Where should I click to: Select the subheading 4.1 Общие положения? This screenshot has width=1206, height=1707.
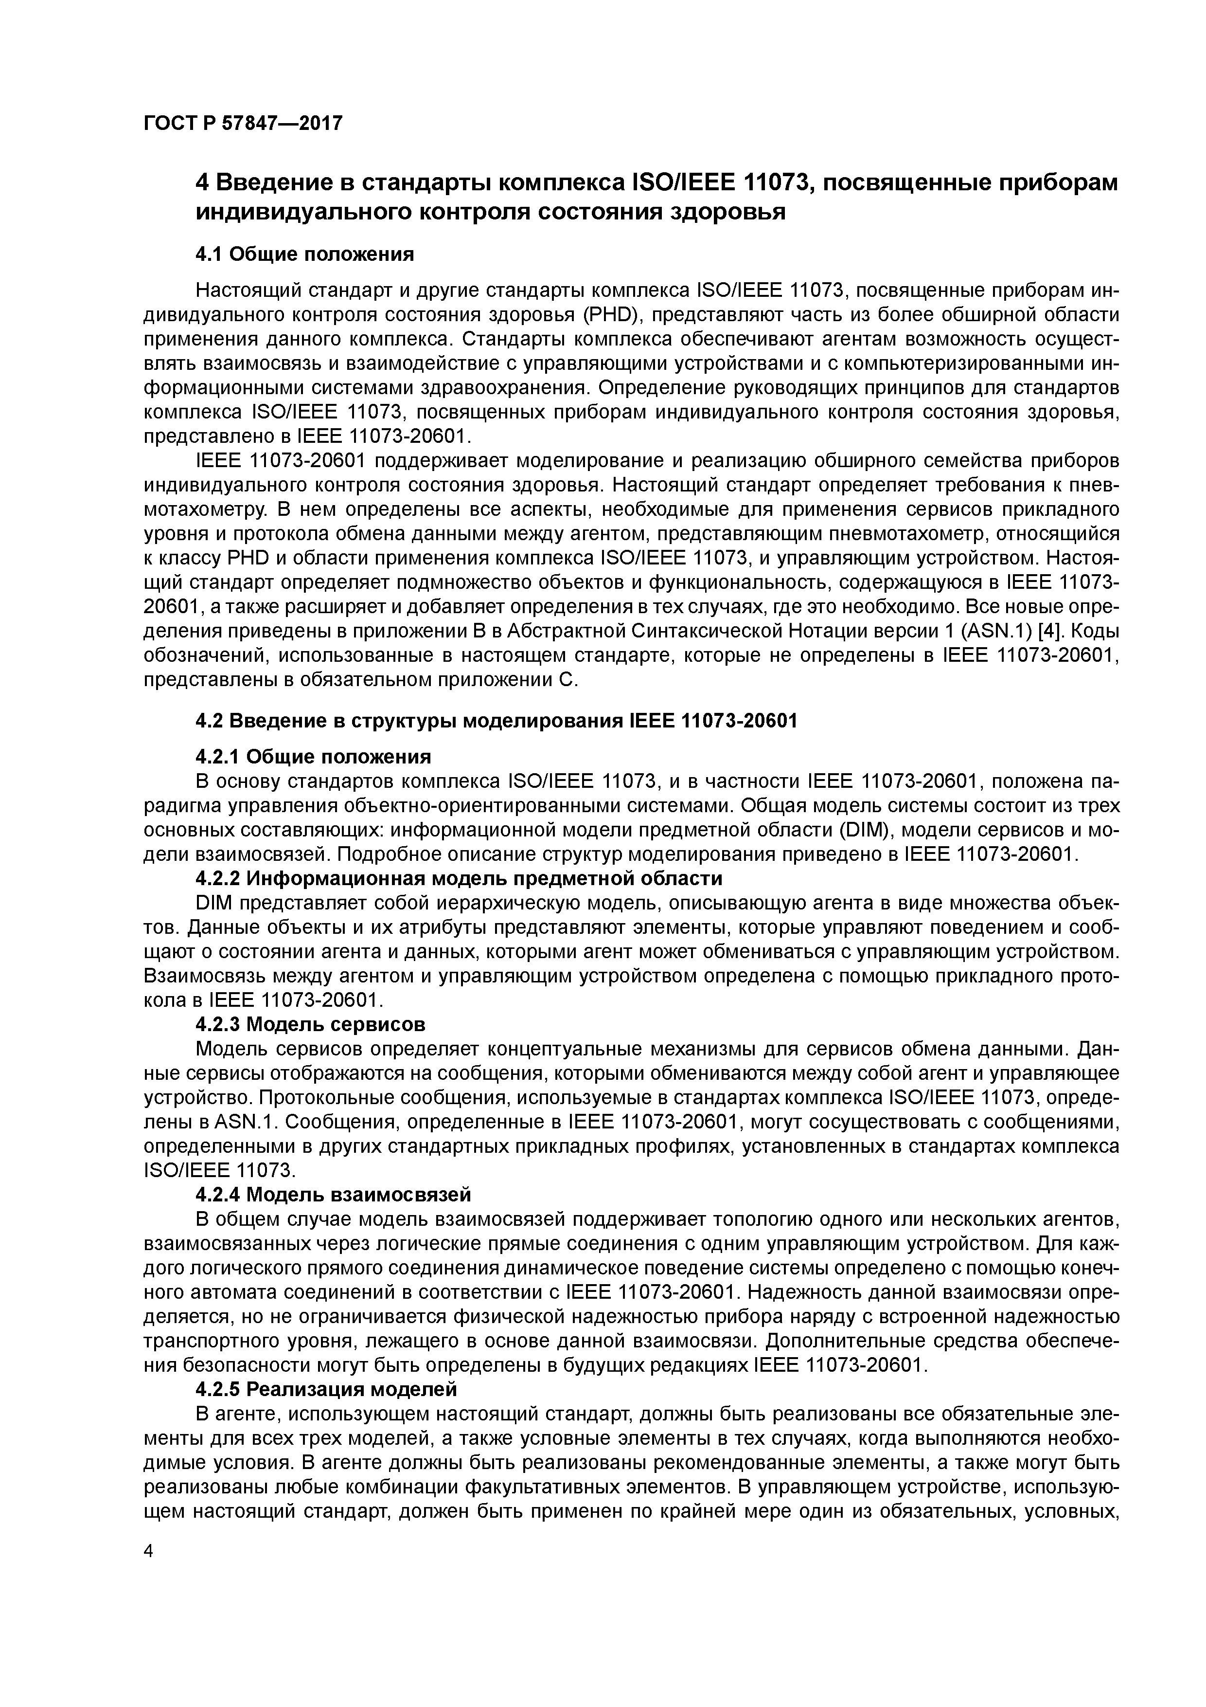[304, 254]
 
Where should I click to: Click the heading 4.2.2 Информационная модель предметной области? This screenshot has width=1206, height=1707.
[459, 879]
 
